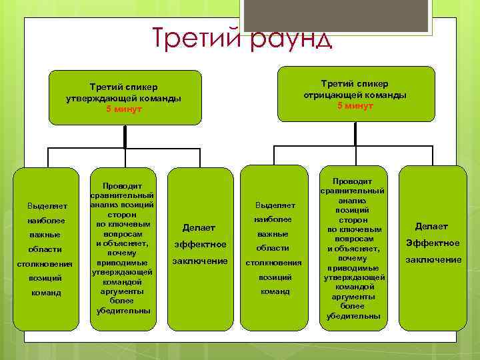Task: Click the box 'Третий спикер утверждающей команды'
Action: [x=124, y=97]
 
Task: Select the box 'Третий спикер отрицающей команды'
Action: [x=355, y=94]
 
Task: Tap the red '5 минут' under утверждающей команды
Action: [x=124, y=109]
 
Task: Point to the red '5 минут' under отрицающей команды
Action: [x=355, y=106]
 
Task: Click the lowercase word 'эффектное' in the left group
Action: [x=200, y=245]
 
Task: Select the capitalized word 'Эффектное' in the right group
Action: [x=433, y=243]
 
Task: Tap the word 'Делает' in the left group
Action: [x=200, y=228]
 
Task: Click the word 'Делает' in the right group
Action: [x=432, y=227]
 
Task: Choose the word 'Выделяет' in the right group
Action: [x=275, y=205]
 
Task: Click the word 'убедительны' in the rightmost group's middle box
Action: [x=353, y=315]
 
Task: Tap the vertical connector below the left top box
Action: [x=124, y=137]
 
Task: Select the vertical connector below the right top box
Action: [x=355, y=133]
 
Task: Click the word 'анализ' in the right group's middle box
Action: [x=353, y=200]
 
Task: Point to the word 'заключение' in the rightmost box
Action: [x=433, y=259]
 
